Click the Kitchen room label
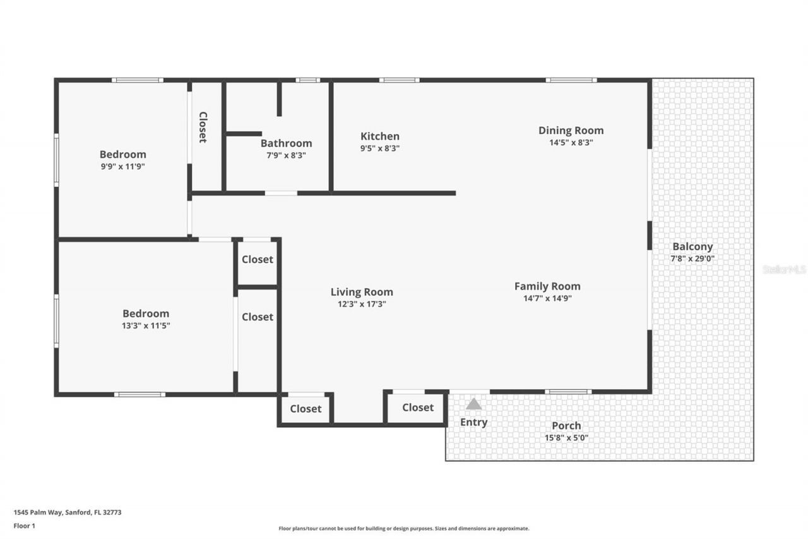point(379,136)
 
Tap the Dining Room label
point(571,130)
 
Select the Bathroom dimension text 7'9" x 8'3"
point(286,155)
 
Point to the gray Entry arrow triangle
point(473,404)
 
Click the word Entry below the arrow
point(473,422)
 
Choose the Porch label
point(566,425)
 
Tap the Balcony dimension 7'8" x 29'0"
point(692,258)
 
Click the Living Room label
point(362,291)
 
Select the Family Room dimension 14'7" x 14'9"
point(547,298)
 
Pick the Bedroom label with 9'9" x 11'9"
point(122,154)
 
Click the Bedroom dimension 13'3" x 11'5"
point(146,325)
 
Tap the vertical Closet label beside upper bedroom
point(203,127)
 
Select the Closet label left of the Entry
point(417,408)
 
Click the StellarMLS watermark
point(784,269)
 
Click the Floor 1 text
point(24,525)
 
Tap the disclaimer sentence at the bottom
point(404,528)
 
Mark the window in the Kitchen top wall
point(399,80)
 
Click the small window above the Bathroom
point(307,80)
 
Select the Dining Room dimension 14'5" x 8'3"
point(571,142)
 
